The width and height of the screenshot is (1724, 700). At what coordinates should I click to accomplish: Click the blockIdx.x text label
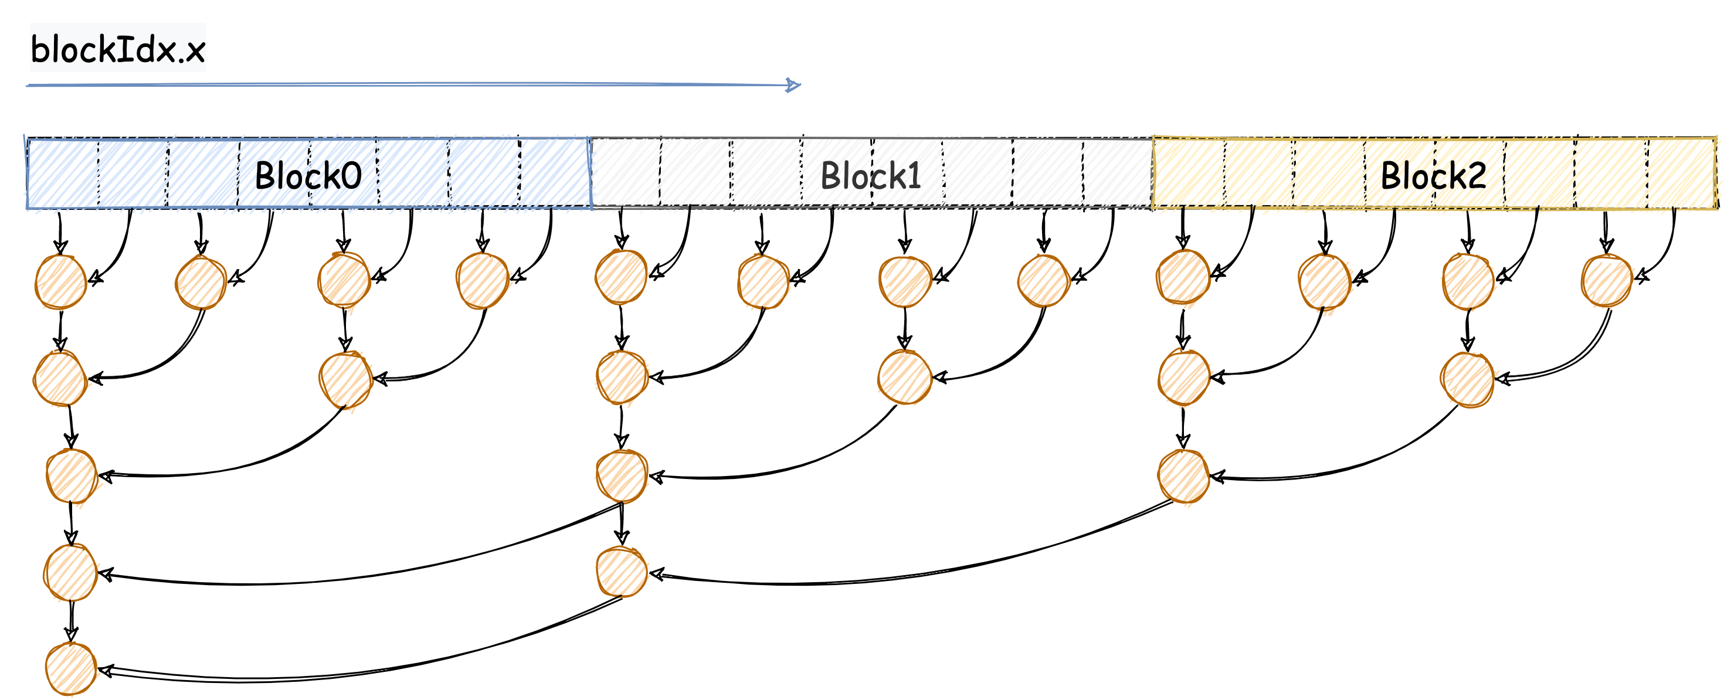click(118, 49)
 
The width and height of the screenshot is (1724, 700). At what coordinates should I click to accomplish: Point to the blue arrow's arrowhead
click(794, 85)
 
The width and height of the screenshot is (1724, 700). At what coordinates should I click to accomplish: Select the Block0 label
click(308, 176)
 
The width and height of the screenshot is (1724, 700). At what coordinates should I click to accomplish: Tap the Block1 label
click(871, 176)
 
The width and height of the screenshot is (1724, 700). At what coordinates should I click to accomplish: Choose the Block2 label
click(1434, 176)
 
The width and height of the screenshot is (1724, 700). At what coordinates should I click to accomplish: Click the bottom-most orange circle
click(71, 668)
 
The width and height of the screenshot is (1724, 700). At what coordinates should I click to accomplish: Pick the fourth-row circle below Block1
click(622, 572)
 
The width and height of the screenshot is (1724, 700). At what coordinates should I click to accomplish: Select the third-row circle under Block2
click(1183, 476)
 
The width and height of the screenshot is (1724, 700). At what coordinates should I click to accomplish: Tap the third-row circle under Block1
click(622, 476)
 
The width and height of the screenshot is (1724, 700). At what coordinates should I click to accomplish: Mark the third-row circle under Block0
click(72, 476)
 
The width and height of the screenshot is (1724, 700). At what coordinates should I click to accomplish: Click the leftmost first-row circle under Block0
click(61, 282)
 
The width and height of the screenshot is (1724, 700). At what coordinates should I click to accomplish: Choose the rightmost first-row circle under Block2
click(1607, 281)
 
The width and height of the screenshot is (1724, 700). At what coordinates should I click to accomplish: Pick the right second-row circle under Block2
click(1468, 379)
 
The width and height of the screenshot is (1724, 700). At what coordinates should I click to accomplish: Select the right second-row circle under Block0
click(345, 379)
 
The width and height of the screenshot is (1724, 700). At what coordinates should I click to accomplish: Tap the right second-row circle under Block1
click(905, 378)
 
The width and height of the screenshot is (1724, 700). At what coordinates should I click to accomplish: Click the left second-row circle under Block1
click(622, 378)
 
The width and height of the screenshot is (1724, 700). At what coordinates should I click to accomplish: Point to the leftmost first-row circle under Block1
click(621, 277)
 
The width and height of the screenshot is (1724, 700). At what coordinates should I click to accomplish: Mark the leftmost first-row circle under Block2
click(1183, 277)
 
